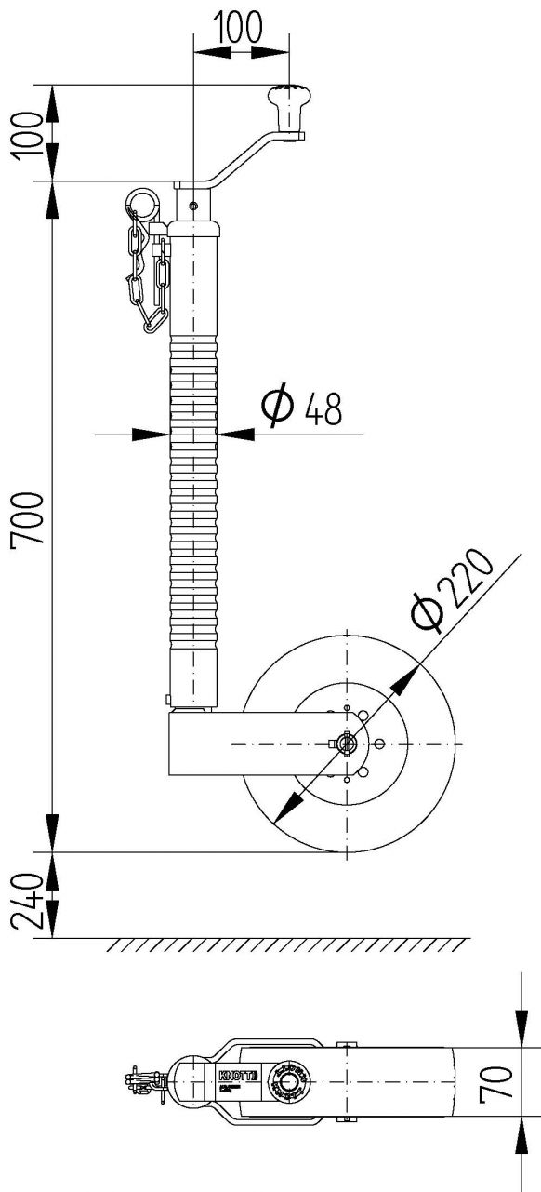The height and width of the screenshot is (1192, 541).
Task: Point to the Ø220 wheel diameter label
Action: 451,594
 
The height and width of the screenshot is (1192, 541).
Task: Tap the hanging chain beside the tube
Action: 149,275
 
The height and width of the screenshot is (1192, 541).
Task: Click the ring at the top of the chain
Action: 142,201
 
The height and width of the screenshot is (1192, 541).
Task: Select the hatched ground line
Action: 288,945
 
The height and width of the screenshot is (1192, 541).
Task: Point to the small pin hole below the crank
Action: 192,206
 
